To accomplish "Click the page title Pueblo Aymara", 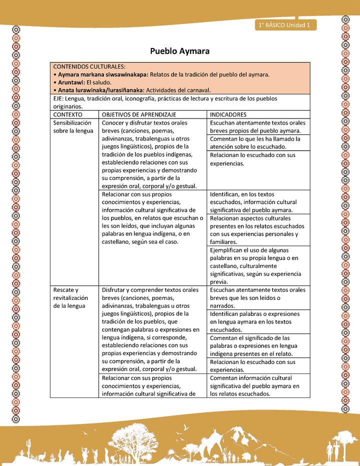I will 179,51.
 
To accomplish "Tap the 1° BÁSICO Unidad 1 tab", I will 284,24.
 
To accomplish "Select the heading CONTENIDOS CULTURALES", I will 89,66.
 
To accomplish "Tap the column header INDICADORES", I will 228,114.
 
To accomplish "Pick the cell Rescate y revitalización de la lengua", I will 70,297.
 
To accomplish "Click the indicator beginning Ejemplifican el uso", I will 257,265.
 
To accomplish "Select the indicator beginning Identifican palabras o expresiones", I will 257,321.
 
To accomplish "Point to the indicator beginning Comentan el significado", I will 257,345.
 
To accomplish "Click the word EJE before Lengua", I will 58,98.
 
